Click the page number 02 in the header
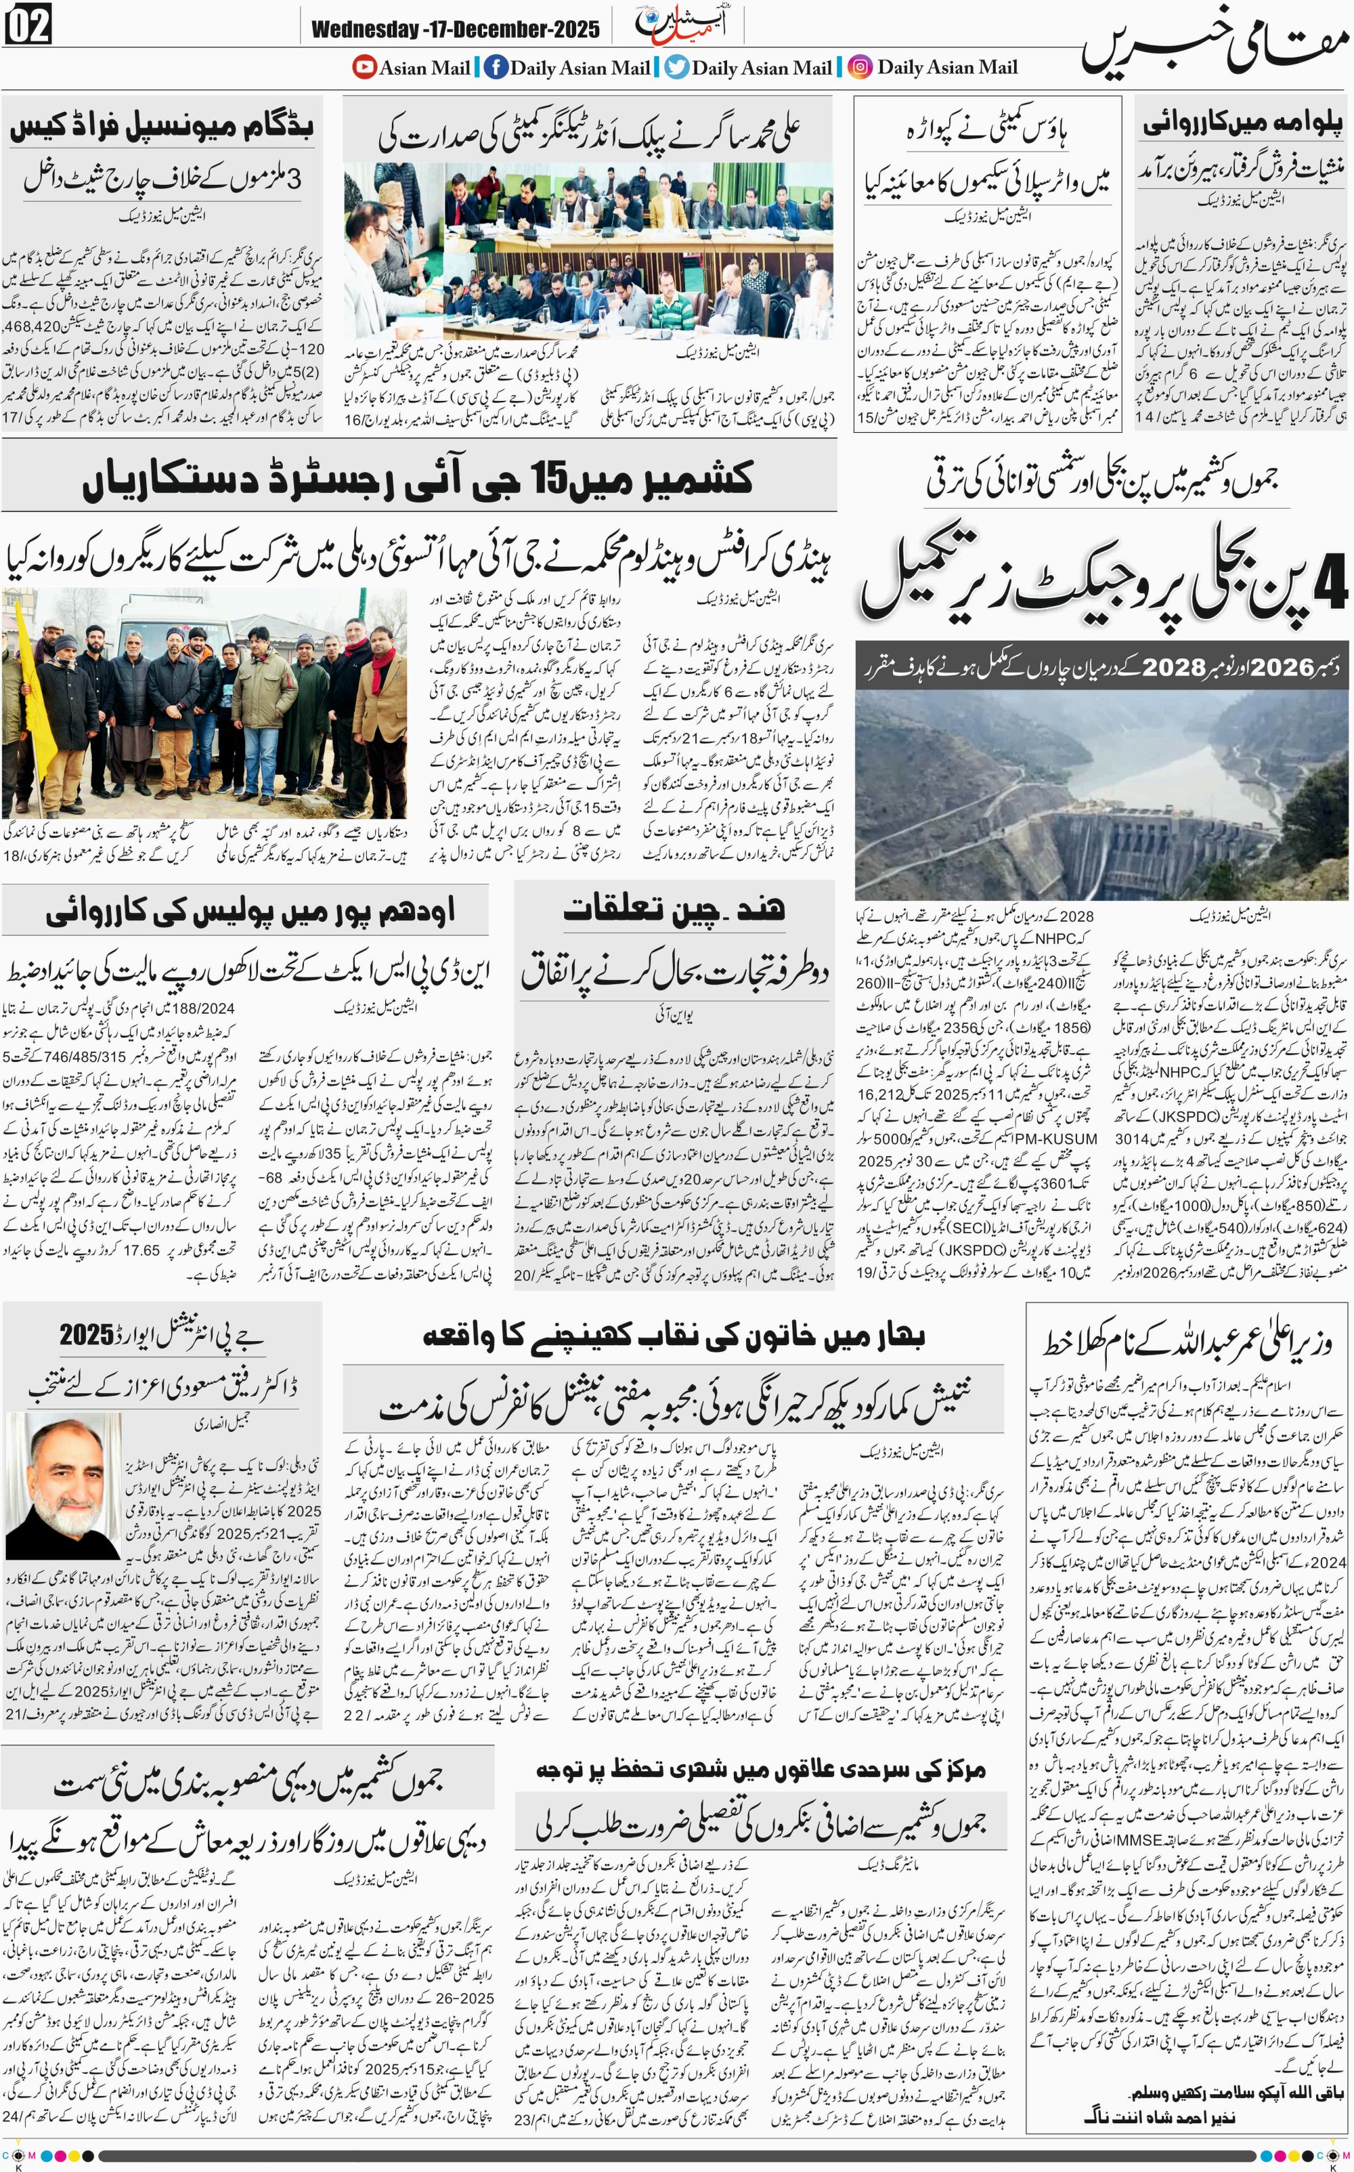(x=28, y=25)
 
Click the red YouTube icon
(x=364, y=67)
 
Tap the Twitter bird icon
(x=677, y=67)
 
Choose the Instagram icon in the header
(x=860, y=67)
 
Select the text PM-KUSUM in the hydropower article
(x=1057, y=1138)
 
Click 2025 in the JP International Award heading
(x=87, y=1336)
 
